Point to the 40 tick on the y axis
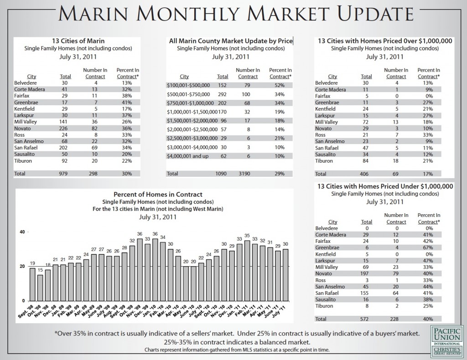tap(22, 232)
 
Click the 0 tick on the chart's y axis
tap(23, 301)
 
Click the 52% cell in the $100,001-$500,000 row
tap(280, 84)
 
